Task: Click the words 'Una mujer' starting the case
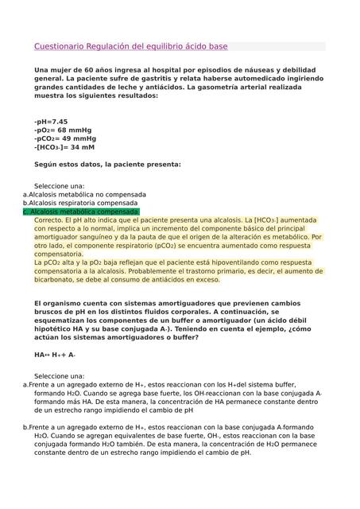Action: (x=52, y=71)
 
